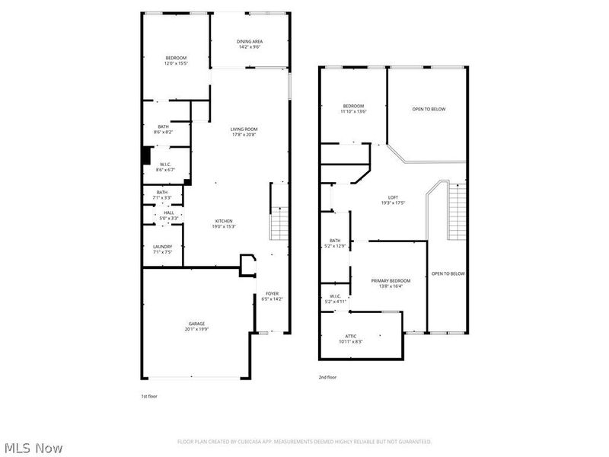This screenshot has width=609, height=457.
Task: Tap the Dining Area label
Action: click(250, 44)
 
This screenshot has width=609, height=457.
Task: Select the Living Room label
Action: click(244, 132)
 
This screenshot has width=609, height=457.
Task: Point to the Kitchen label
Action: click(224, 223)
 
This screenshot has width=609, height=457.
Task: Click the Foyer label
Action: click(272, 296)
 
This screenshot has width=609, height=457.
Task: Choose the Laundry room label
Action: click(162, 249)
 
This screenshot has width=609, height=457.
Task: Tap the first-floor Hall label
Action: click(169, 215)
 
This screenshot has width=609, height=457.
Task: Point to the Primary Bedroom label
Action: click(391, 283)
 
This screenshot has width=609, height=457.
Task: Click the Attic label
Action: click(350, 339)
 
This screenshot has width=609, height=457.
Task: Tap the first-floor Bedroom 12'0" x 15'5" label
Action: click(176, 60)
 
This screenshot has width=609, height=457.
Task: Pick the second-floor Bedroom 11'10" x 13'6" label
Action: click(354, 108)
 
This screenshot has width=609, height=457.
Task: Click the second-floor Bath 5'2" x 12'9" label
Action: click(335, 243)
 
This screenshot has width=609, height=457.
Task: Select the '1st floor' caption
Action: click(149, 397)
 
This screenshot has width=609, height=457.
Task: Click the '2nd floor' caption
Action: click(327, 377)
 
